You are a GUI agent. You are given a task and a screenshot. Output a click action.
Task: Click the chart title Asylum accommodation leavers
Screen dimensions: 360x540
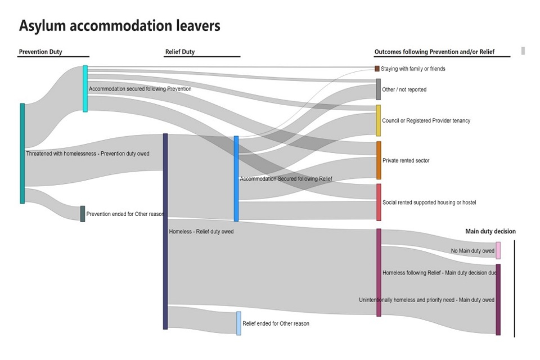point(119,26)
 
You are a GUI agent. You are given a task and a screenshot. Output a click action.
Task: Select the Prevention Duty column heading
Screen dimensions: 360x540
point(40,52)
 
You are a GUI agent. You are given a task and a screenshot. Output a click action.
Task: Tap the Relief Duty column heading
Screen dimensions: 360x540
point(180,52)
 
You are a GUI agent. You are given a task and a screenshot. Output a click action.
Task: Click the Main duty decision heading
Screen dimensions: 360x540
point(490,231)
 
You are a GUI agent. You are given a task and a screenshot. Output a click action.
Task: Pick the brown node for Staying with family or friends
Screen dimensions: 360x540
point(377,69)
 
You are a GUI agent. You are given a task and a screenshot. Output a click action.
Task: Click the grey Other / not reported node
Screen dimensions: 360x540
point(379,89)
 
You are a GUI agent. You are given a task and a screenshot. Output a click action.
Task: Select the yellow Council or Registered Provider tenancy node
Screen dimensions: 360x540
point(379,120)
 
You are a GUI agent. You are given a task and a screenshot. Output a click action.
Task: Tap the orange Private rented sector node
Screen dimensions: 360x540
point(379,160)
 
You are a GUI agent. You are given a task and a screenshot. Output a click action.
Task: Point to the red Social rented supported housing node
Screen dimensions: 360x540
point(379,202)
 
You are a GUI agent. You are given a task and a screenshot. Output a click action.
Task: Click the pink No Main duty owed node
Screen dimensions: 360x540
point(498,250)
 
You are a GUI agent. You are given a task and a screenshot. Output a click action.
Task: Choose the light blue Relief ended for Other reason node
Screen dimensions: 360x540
point(238,323)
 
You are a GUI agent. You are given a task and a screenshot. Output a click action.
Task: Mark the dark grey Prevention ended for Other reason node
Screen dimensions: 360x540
point(83,214)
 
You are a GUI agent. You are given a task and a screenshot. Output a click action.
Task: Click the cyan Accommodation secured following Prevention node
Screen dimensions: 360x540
point(85,89)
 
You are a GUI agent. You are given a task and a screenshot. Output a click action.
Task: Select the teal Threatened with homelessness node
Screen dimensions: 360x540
point(22,153)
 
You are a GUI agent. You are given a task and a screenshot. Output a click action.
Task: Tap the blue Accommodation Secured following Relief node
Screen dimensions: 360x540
point(236,178)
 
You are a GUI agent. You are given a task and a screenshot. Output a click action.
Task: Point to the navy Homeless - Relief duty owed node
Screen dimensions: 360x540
point(165,231)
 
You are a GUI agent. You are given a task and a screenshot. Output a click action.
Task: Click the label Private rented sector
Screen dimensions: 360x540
point(406,161)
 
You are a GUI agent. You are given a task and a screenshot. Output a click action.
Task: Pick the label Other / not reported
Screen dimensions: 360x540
point(404,89)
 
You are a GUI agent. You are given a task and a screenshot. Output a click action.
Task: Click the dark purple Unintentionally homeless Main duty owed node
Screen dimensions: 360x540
point(498,299)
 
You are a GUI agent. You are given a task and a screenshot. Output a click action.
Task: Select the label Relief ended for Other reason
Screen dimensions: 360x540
point(276,324)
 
